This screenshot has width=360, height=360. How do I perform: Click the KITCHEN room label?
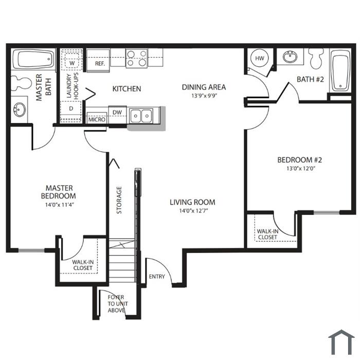(x=127, y=89)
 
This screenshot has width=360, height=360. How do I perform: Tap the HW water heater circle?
(x=260, y=58)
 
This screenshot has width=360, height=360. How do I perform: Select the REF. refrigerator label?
(x=100, y=64)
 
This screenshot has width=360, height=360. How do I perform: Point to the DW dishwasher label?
(x=117, y=113)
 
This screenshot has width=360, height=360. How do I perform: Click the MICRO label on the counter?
(x=97, y=119)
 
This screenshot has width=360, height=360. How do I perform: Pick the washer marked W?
(x=71, y=60)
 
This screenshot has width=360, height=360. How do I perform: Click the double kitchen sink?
(x=141, y=116)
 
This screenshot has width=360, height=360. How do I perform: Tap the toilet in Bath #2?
(x=316, y=58)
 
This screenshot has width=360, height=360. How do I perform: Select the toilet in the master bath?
(x=21, y=83)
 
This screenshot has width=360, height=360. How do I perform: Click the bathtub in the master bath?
(x=33, y=59)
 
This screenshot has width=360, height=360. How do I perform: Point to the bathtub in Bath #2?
(x=340, y=71)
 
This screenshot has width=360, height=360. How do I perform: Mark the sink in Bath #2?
(x=290, y=57)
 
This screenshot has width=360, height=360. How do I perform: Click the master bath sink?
(x=19, y=110)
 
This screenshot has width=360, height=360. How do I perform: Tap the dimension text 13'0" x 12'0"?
(x=300, y=168)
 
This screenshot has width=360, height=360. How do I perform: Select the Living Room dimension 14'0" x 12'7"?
(x=193, y=210)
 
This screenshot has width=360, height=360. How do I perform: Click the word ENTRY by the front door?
(x=157, y=277)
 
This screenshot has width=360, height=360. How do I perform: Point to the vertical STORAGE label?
(x=119, y=200)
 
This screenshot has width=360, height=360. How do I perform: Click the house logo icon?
(x=341, y=343)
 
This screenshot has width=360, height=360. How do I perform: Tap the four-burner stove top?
(x=137, y=58)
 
